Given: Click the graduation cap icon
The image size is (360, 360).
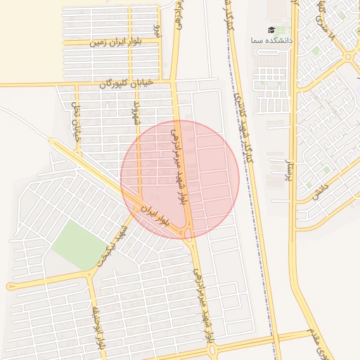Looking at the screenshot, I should (x=271, y=30).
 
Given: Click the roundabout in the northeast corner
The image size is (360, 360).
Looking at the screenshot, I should (x=352, y=56).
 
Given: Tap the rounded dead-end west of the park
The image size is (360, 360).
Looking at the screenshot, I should (x=10, y=286).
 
